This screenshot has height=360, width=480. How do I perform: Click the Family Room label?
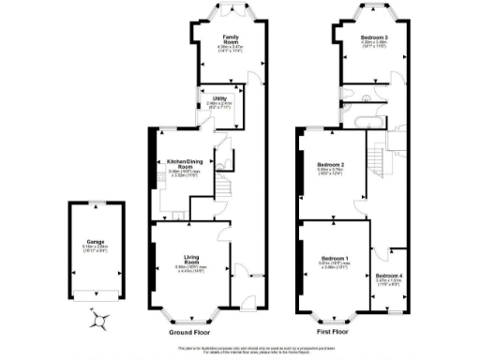pos(217,38)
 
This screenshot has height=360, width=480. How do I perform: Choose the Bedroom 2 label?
pos(330,166)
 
